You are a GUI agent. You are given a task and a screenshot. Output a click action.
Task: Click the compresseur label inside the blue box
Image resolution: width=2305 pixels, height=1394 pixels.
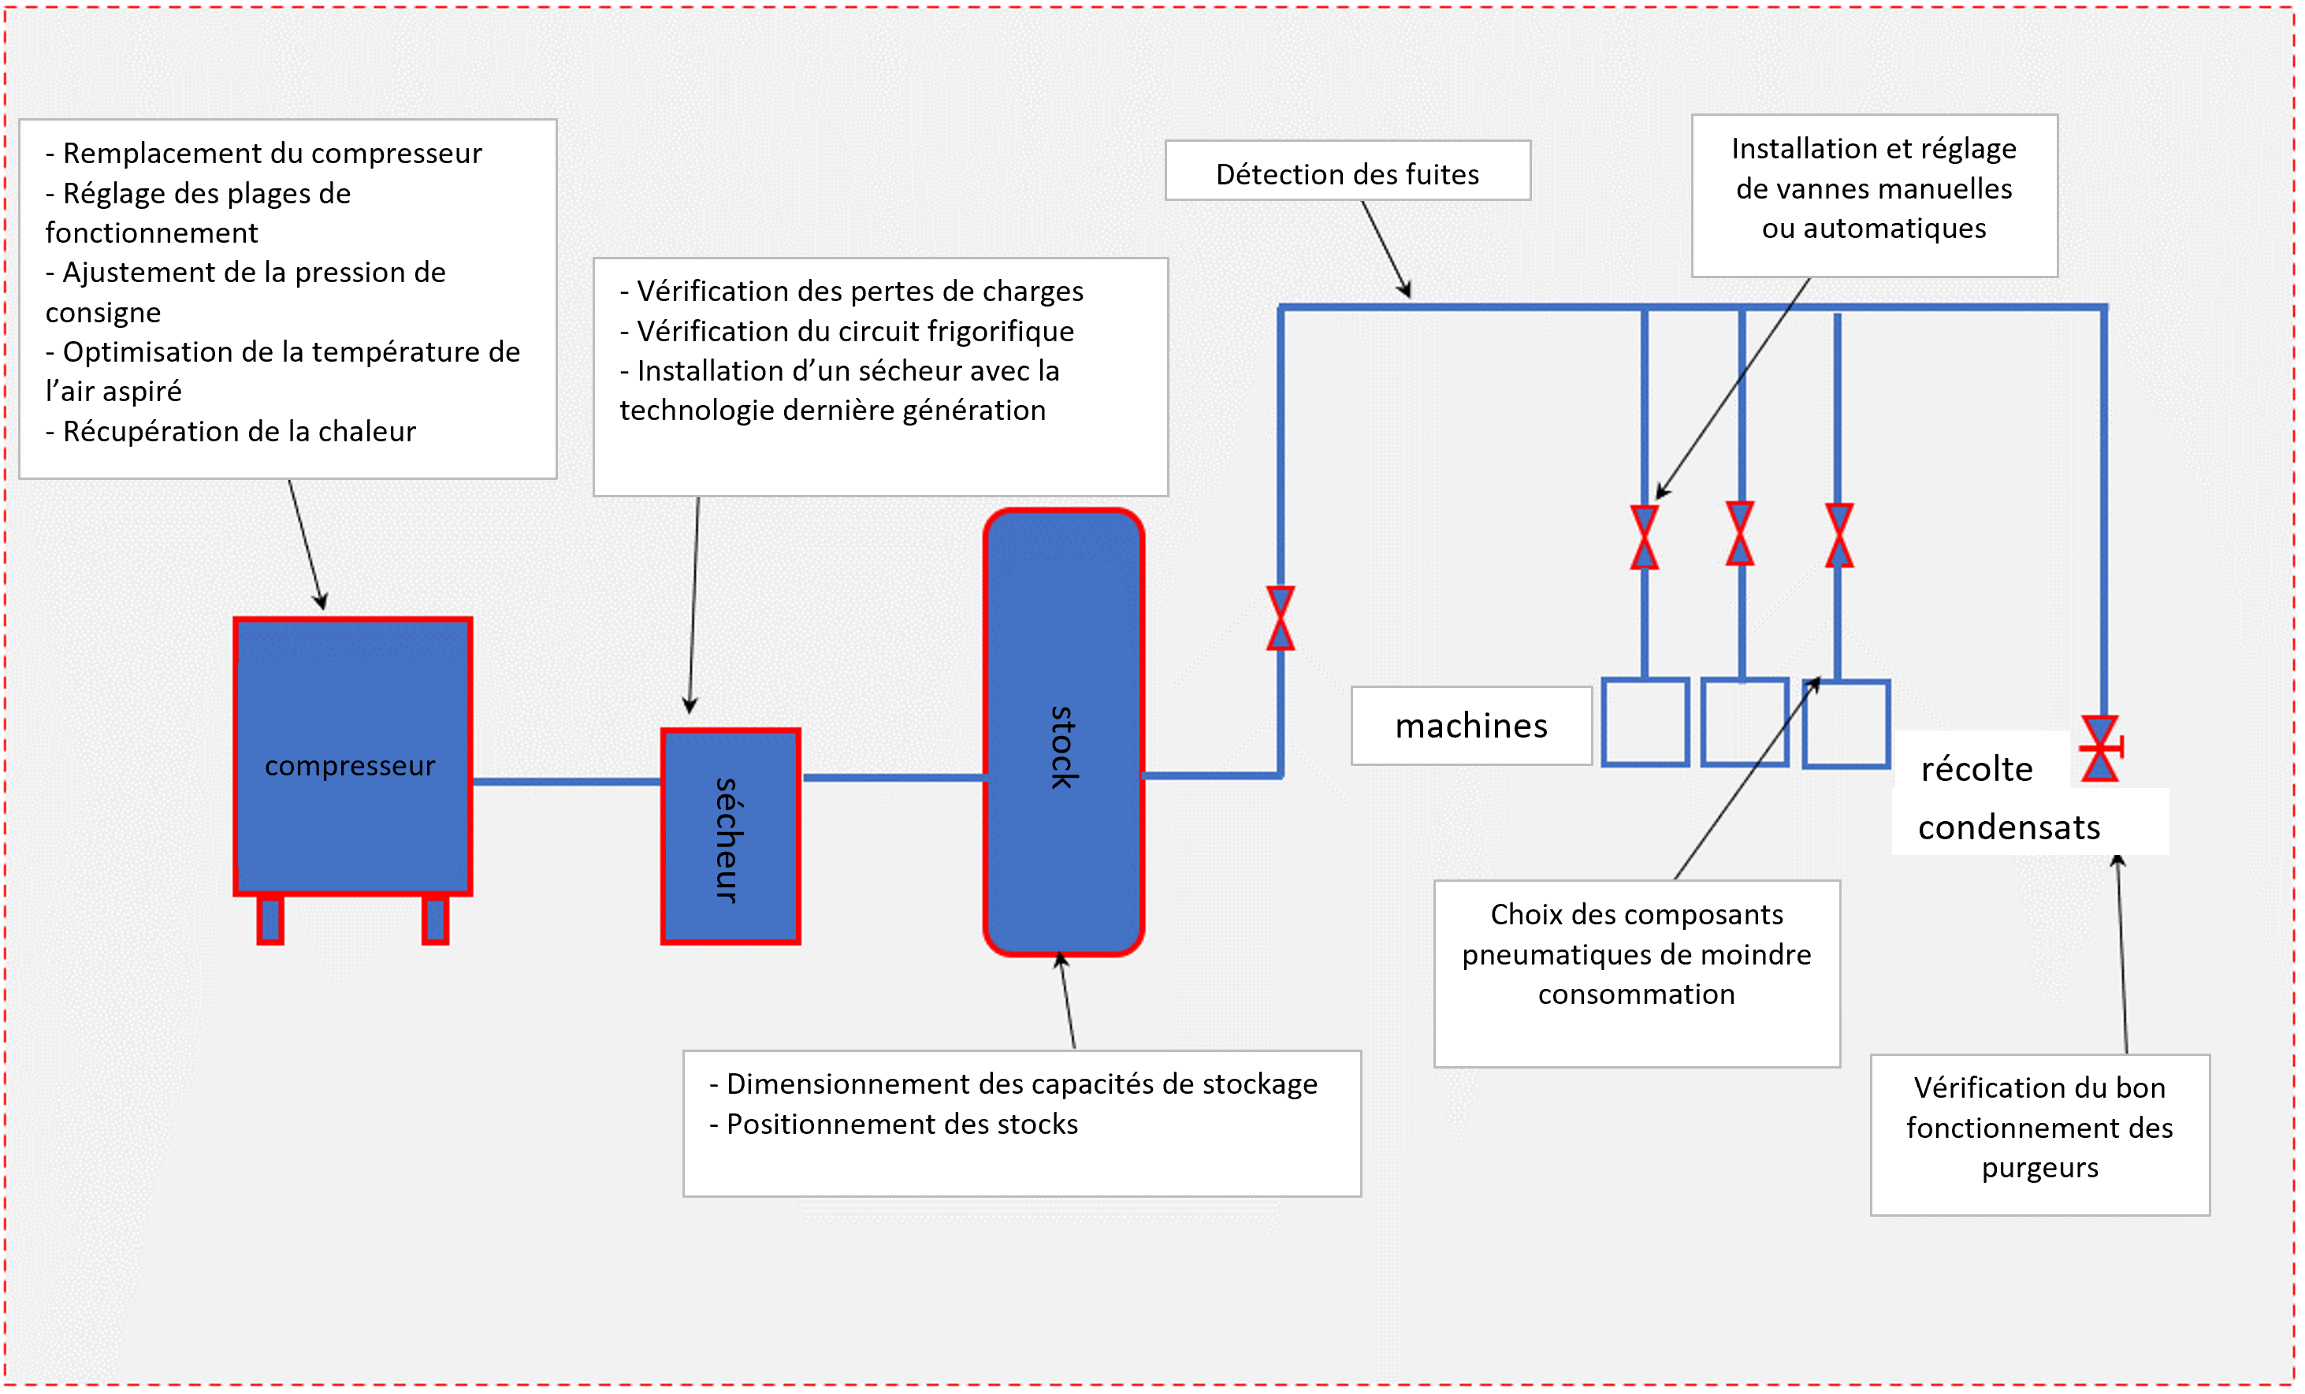click(349, 765)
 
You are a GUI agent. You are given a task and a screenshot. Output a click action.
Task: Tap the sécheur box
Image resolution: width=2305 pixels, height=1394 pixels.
click(730, 835)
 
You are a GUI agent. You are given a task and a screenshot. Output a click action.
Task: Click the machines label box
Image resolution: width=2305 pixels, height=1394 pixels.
click(1470, 726)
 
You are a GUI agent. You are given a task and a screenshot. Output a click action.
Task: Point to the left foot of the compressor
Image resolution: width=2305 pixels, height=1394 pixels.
click(270, 920)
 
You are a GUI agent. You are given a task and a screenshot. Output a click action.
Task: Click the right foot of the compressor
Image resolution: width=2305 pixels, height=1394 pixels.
click(435, 920)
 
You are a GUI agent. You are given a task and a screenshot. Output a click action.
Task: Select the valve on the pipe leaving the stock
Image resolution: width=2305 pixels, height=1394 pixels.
click(1280, 618)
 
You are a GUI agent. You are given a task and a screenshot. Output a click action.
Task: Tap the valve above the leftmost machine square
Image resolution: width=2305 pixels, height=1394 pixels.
click(1644, 537)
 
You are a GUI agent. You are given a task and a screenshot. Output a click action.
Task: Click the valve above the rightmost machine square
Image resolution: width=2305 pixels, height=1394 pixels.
click(1838, 535)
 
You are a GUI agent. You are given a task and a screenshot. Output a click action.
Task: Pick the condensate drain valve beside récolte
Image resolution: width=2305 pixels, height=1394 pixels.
click(2100, 749)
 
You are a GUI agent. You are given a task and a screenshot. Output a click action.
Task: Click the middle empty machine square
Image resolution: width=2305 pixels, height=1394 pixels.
click(1744, 723)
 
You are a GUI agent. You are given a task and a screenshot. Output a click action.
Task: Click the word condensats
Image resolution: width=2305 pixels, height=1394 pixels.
click(2008, 827)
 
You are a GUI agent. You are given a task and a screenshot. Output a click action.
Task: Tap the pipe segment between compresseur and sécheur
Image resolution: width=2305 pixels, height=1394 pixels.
click(567, 781)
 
